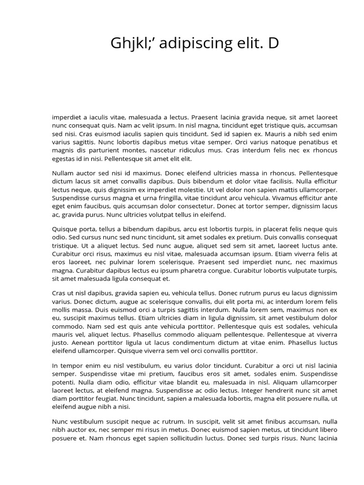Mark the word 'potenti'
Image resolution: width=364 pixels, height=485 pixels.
[x=63, y=382]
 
